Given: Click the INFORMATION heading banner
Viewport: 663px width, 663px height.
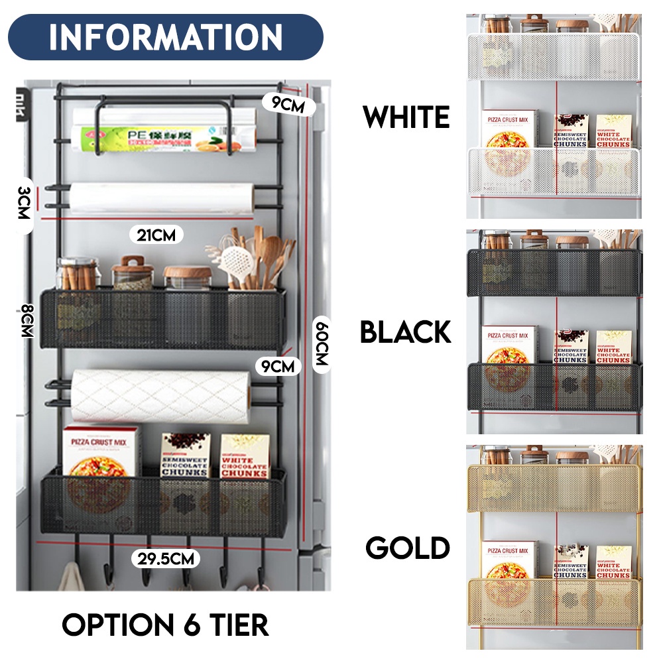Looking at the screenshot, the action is (x=166, y=37).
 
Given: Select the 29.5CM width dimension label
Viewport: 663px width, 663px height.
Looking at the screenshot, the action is (x=166, y=558).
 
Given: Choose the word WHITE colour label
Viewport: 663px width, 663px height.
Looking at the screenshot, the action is (x=406, y=118).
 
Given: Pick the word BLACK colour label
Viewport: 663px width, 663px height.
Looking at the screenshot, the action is (x=405, y=331).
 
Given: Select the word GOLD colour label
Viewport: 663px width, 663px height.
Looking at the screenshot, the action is (x=408, y=548).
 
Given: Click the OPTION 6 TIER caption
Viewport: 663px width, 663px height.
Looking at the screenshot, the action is (x=165, y=625).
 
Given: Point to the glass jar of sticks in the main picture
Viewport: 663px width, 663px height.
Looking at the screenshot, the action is (x=77, y=274).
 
